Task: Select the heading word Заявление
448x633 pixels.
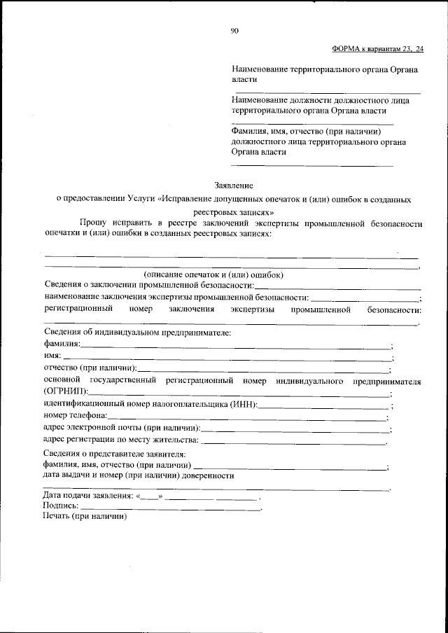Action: coord(234,186)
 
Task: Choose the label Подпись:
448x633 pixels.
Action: coord(62,506)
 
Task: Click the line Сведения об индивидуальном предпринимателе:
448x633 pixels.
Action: coord(137,332)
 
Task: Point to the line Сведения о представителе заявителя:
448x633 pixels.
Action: coord(114,453)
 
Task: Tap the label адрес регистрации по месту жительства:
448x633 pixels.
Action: coord(121,440)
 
